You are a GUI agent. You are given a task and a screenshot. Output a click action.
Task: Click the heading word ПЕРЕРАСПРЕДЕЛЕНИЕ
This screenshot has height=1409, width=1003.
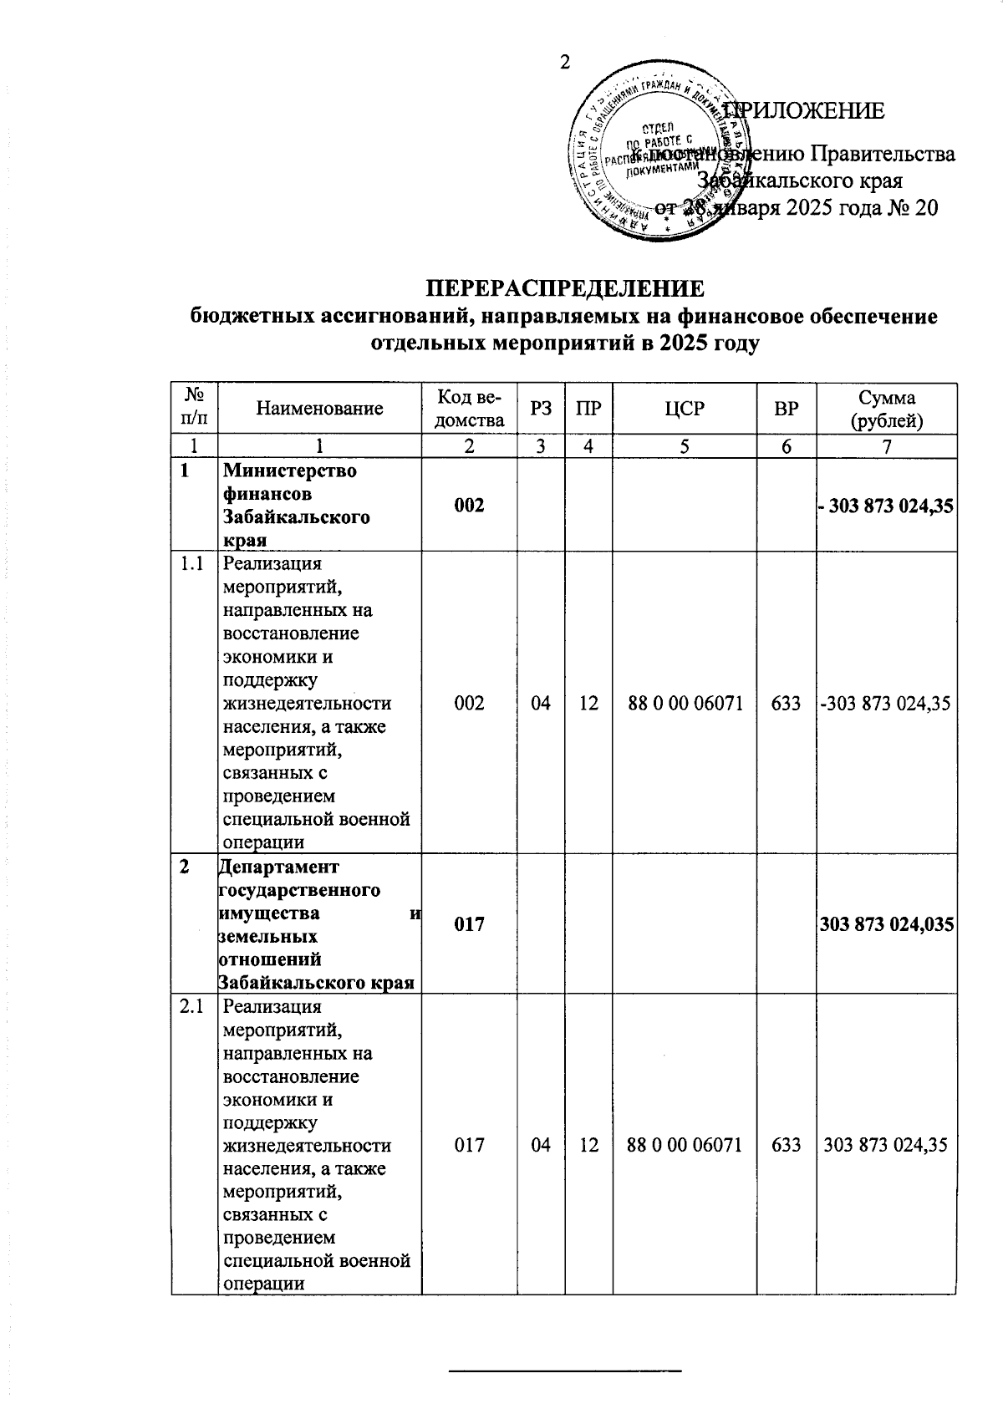[565, 289]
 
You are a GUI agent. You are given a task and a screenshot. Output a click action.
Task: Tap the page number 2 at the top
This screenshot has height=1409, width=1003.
[565, 63]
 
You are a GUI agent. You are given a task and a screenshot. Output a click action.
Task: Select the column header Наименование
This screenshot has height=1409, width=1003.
[319, 409]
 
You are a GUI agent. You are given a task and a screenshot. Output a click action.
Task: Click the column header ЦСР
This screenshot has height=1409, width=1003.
[685, 409]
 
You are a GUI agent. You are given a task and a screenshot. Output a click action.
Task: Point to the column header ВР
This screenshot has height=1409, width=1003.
[786, 409]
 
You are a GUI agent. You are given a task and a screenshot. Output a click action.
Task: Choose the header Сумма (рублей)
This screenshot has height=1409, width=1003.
[886, 409]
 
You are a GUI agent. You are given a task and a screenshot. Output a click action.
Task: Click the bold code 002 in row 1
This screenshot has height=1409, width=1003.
[469, 506]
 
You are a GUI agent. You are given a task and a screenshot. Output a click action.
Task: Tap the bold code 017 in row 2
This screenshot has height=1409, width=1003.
[469, 924]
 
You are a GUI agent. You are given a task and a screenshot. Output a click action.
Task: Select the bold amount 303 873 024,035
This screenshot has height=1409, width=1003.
[887, 924]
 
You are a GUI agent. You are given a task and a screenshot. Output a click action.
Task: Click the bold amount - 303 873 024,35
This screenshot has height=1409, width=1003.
[887, 506]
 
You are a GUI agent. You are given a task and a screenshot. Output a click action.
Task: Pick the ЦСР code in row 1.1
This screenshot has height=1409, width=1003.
[685, 704]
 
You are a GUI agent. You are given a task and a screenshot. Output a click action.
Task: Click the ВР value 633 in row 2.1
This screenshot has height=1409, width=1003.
[786, 1145]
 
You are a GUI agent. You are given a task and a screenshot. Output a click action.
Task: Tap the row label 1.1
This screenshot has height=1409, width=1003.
[193, 565]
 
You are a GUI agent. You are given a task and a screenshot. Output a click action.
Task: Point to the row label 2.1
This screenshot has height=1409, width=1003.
[193, 1007]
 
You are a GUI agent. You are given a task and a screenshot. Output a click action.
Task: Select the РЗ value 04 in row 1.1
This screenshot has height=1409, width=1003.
[541, 704]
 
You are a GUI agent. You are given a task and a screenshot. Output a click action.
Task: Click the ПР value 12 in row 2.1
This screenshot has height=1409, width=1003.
[588, 1145]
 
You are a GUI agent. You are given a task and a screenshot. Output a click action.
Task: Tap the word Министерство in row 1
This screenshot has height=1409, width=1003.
[289, 471]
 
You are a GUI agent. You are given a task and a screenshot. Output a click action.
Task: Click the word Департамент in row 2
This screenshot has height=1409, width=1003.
[279, 867]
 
